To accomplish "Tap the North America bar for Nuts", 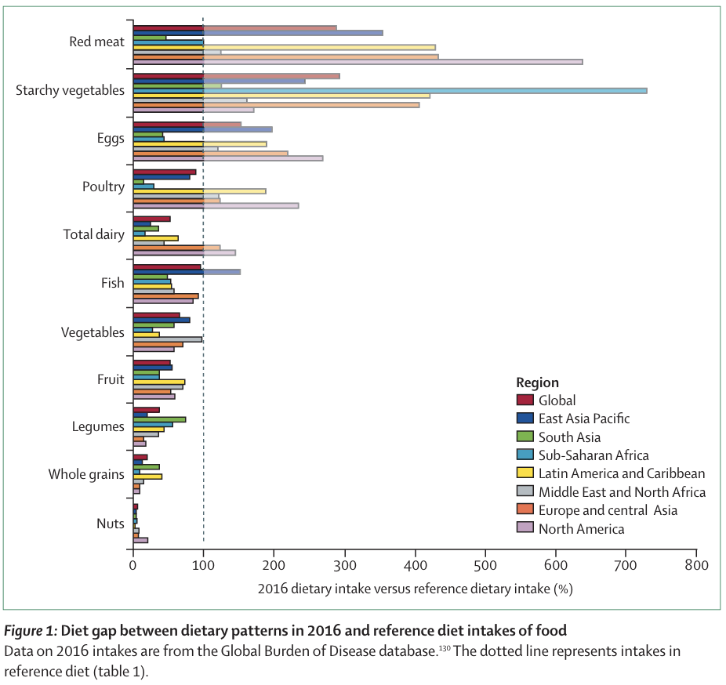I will [x=140, y=540].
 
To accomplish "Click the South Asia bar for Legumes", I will [x=159, y=419].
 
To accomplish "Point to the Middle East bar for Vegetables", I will [x=168, y=339].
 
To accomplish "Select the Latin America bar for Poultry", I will [x=199, y=190].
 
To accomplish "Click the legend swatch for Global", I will [x=525, y=400].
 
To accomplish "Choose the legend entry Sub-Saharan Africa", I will [x=594, y=455].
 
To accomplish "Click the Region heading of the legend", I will [x=537, y=382].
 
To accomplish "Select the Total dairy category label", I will [x=93, y=234].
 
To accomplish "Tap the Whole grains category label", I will [x=86, y=474].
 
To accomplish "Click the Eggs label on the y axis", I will [x=111, y=139].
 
